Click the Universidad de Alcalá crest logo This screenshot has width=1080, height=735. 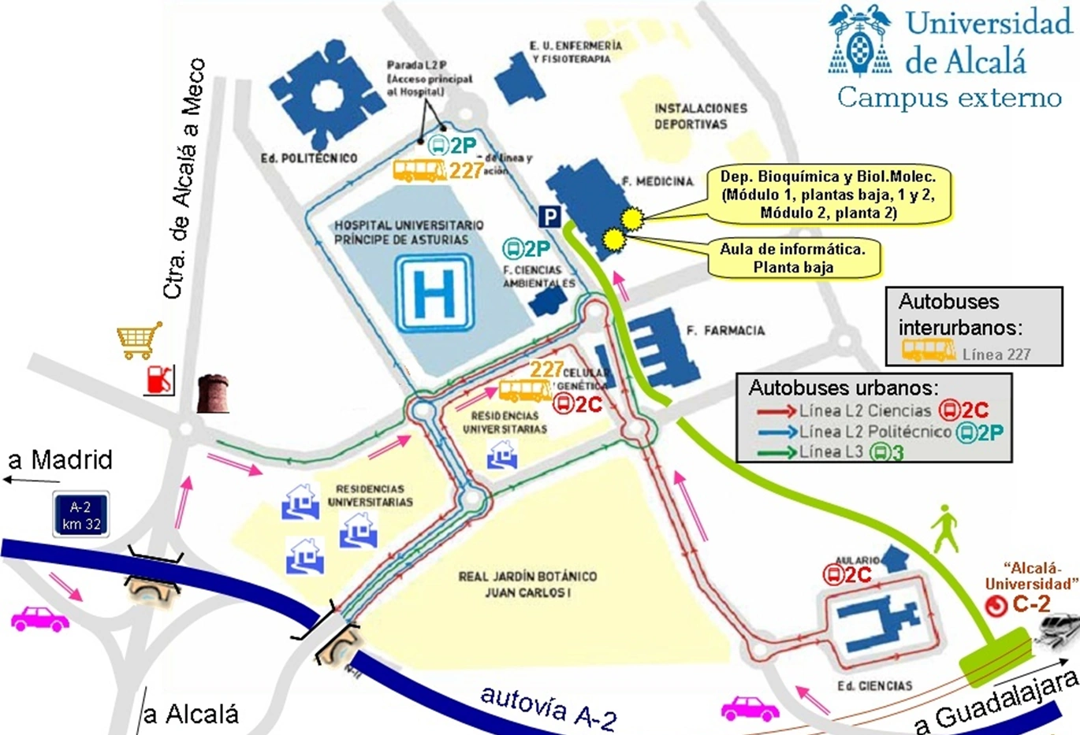point(860,40)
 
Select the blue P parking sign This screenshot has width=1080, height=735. point(549,217)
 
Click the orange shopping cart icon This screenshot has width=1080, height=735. point(139,340)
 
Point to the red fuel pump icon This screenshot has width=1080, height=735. point(158,380)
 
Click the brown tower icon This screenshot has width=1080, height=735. point(213,393)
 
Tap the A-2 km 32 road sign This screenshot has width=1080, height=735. point(80,515)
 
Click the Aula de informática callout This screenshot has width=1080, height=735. point(792,258)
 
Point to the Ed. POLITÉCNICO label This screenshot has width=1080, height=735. point(309,158)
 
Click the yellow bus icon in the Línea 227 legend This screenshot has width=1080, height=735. point(929,350)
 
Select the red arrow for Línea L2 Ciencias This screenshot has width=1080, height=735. point(776,410)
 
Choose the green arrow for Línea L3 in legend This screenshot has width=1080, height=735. point(776,452)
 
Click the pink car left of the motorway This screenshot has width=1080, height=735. point(39,619)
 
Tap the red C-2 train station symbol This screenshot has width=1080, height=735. point(996,605)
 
